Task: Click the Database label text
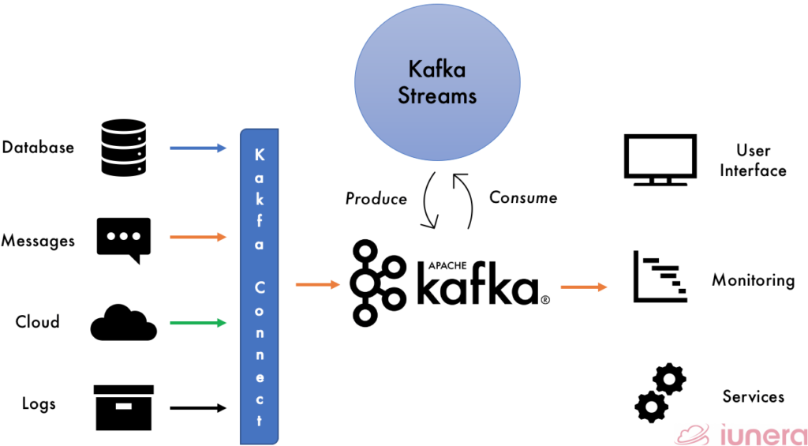pyautogui.click(x=38, y=148)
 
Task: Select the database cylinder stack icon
pyautogui.click(x=124, y=147)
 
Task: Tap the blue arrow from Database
pyautogui.click(x=197, y=148)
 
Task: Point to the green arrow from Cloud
pyautogui.click(x=197, y=323)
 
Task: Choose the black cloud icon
pyautogui.click(x=123, y=321)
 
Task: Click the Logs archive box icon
pyautogui.click(x=123, y=406)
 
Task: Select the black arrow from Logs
pyautogui.click(x=197, y=408)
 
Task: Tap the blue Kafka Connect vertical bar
pyautogui.click(x=260, y=283)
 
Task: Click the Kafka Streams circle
pyautogui.click(x=437, y=84)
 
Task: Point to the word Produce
pyautogui.click(x=376, y=199)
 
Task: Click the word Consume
pyautogui.click(x=523, y=197)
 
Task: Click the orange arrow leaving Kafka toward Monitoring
pyautogui.click(x=584, y=287)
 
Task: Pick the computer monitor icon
pyautogui.click(x=660, y=160)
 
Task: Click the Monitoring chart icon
pyautogui.click(x=660, y=278)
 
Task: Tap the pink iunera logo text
pyautogui.click(x=758, y=433)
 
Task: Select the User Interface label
pyautogui.click(x=753, y=160)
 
